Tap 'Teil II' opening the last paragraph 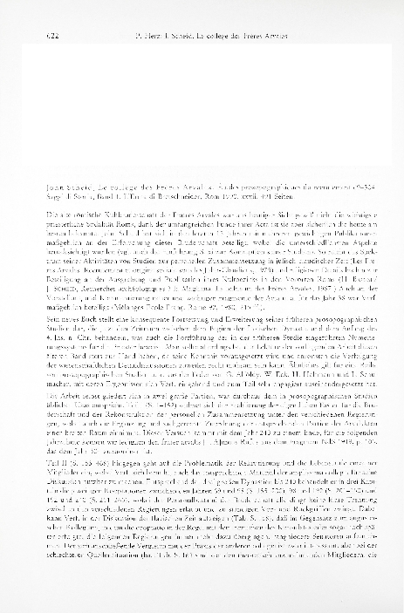pos(40,516)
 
